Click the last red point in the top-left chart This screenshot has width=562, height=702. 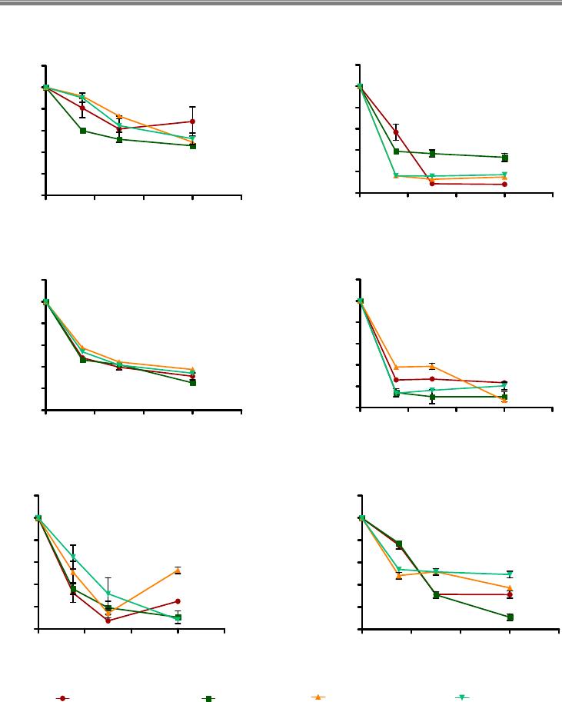tap(192, 121)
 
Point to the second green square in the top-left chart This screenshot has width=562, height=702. tap(82, 131)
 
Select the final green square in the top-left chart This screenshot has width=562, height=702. tap(192, 145)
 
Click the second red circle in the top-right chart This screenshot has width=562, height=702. tap(396, 132)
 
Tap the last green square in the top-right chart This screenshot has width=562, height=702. tap(504, 158)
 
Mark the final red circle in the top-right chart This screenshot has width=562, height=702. tap(504, 185)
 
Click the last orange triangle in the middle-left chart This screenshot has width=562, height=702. tap(192, 369)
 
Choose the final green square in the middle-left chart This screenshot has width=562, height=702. tap(192, 382)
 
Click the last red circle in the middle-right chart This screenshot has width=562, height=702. tap(504, 383)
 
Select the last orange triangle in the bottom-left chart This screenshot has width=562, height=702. tap(178, 570)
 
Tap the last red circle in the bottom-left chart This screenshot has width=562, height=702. tap(178, 601)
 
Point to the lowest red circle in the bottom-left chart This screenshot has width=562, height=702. tap(108, 620)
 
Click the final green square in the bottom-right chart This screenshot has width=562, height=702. tap(510, 617)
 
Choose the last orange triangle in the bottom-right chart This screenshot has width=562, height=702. tap(510, 587)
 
